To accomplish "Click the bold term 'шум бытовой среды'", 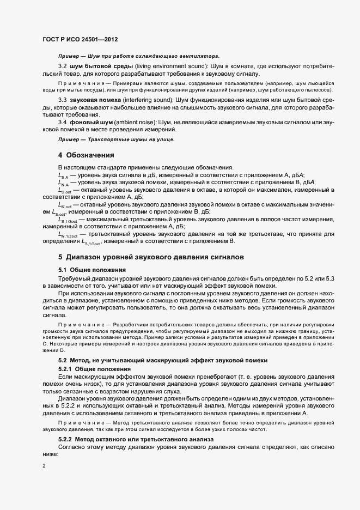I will [x=96, y=66].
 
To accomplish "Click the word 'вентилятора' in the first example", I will [x=199, y=56].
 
